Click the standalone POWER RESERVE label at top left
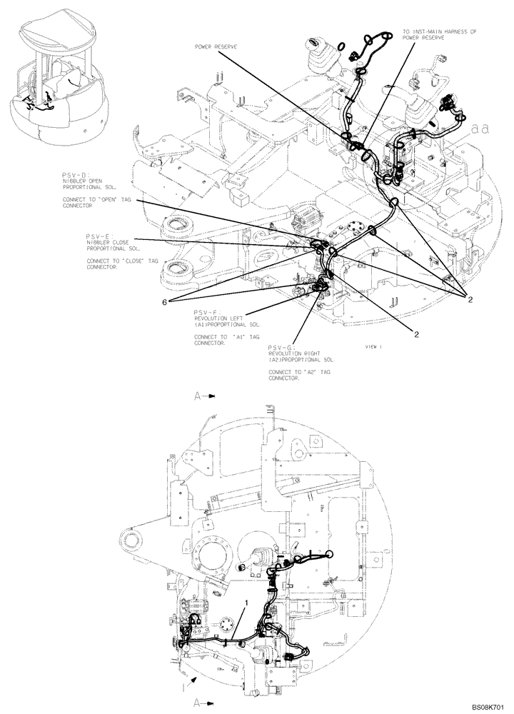coord(216,46)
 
